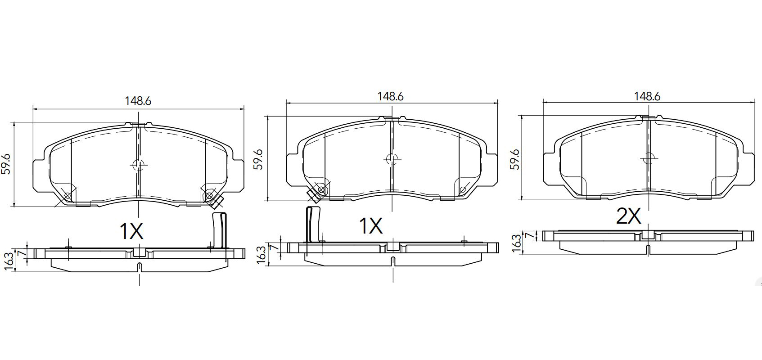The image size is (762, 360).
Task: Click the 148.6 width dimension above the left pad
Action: tap(138, 101)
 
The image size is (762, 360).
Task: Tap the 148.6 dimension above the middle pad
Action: tap(391, 97)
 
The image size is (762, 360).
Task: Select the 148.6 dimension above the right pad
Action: tap(647, 97)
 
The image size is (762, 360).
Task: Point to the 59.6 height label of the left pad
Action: tap(6, 164)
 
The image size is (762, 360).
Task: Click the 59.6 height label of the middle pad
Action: tap(259, 159)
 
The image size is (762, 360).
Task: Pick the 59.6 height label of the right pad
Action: tap(516, 159)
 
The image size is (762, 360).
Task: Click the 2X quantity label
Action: tap(629, 216)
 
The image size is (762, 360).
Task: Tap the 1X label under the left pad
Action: tap(131, 231)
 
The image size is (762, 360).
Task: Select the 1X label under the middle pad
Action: tap(371, 225)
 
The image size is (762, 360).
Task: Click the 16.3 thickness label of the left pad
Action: tap(9, 261)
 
